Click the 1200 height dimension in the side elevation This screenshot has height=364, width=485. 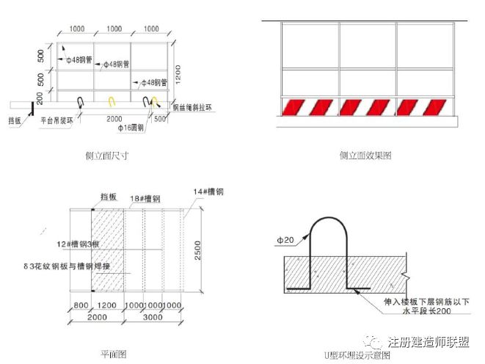189,71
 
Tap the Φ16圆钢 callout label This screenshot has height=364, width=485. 130,128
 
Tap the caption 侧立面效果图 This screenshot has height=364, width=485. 365,156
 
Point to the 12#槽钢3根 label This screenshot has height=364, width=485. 74,244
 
